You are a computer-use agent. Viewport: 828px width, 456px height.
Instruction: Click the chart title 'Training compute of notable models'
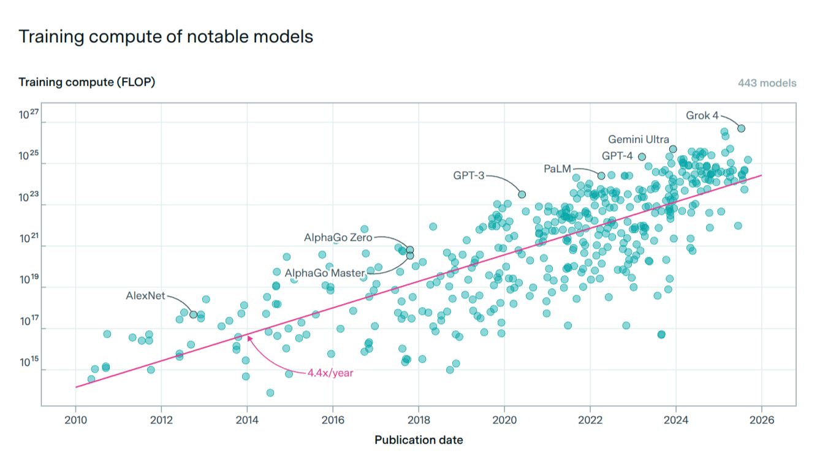(165, 37)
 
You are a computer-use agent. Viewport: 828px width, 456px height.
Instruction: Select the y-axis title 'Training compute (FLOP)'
(86, 82)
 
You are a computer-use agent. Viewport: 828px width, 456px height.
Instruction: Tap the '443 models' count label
(767, 83)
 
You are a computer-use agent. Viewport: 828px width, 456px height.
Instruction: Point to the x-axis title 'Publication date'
(419, 440)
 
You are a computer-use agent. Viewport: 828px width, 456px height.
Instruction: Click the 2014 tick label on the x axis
(246, 420)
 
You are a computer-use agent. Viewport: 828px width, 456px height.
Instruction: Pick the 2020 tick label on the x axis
(504, 420)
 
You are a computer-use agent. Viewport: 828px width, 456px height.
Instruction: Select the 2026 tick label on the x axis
(761, 420)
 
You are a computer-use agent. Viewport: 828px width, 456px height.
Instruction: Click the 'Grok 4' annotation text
(702, 115)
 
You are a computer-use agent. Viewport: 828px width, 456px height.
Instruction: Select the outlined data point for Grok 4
(741, 128)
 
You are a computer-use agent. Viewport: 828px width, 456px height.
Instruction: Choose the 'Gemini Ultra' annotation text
(638, 140)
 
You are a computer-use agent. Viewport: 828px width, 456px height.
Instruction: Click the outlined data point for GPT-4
(642, 157)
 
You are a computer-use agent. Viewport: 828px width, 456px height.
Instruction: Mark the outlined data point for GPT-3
(522, 194)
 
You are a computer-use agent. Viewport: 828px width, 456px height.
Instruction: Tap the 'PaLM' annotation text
(557, 168)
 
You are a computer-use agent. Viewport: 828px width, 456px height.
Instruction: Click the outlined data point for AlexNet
(194, 314)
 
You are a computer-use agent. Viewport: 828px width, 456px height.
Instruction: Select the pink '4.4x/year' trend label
(330, 372)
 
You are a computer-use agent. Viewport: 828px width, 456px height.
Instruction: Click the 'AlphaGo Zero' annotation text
(338, 237)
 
